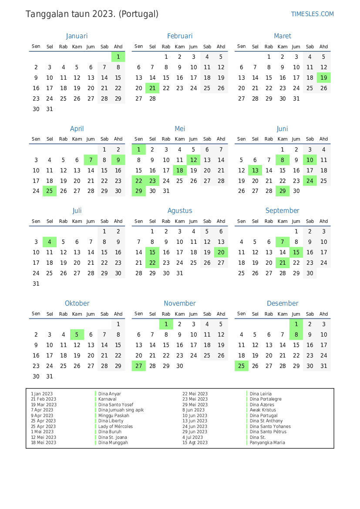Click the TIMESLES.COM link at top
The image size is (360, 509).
tap(312, 14)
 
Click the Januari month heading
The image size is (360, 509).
tap(77, 36)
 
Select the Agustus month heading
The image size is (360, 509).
tap(180, 211)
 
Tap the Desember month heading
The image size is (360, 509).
tap(283, 303)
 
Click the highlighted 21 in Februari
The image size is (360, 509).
tap(152, 88)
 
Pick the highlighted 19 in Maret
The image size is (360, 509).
tap(323, 78)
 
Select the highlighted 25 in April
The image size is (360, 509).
tap(50, 191)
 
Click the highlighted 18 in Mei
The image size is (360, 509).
tap(180, 171)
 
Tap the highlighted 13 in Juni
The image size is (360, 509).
tap(255, 171)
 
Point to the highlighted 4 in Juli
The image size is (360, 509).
tap(50, 242)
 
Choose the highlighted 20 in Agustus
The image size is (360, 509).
tap(221, 253)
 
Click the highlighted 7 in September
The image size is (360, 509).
tap(283, 242)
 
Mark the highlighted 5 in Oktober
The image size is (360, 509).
tap(77, 335)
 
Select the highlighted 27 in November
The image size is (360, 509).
tap(139, 366)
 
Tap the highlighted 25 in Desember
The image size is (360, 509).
tap(242, 366)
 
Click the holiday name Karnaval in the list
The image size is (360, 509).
tap(107, 399)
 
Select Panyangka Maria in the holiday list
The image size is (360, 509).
tap(267, 443)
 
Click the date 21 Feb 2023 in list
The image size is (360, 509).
tap(44, 399)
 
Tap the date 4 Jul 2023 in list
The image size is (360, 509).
tap(192, 437)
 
